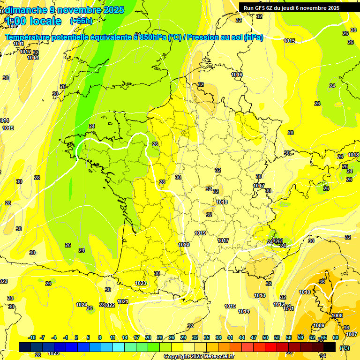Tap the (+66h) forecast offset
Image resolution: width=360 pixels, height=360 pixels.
coord(81,21)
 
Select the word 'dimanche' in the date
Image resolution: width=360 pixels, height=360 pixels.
coord(28,9)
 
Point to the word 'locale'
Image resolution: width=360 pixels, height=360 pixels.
coord(45,21)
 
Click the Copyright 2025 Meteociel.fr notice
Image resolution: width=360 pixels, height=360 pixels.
coord(199,356)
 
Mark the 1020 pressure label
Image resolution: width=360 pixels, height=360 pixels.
coord(184,245)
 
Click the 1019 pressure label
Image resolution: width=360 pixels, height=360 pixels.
coord(200,233)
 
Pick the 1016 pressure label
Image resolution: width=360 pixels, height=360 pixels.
coord(237,75)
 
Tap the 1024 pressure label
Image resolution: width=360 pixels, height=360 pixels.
coord(82,305)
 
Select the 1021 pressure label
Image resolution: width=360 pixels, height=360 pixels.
coord(123,301)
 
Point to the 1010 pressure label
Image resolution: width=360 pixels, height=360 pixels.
coord(305,292)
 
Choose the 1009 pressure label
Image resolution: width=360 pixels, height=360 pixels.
coord(319,325)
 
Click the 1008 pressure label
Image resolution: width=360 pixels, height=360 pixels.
coord(337,316)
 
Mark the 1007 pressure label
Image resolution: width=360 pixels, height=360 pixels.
coord(352,334)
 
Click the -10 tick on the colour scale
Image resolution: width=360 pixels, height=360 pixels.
coord(32,337)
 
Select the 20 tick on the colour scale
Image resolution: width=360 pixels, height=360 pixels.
coord(148,337)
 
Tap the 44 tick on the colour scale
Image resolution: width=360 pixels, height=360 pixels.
coord(241,337)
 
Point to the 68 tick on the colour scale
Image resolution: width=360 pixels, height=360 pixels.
coord(336,337)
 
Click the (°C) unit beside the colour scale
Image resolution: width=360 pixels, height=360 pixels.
coord(345,347)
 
